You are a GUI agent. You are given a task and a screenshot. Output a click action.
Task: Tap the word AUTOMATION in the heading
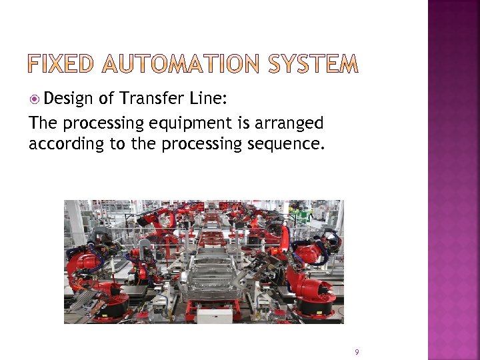pyautogui.click(x=185, y=65)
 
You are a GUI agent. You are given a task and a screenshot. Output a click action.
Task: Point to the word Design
pyautogui.click(x=70, y=100)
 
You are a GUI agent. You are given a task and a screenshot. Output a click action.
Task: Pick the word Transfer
pyautogui.click(x=150, y=99)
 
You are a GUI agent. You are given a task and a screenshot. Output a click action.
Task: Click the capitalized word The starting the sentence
pyautogui.click(x=41, y=123)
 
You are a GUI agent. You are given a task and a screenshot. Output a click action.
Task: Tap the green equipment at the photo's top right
pyautogui.click(x=305, y=215)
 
